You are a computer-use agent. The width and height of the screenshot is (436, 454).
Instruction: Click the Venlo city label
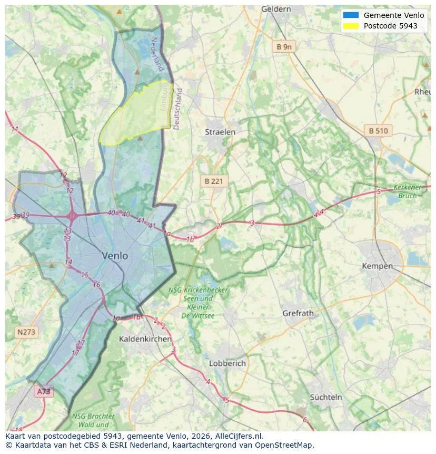[x=115, y=256]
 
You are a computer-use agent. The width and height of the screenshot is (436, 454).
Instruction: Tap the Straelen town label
[x=220, y=132]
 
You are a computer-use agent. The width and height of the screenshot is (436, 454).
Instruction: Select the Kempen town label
[x=377, y=266]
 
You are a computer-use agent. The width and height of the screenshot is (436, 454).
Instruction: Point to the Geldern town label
[x=276, y=9]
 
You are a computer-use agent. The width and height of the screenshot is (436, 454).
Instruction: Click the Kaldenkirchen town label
[x=145, y=339]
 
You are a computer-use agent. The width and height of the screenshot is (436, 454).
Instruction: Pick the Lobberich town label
[x=227, y=363]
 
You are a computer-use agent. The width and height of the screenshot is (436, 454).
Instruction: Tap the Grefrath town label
[x=298, y=313]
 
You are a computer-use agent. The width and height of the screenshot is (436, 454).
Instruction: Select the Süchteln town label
[x=326, y=397]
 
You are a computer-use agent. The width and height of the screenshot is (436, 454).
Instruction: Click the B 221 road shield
[x=214, y=181]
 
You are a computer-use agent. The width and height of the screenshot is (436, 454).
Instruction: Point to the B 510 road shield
[x=378, y=131]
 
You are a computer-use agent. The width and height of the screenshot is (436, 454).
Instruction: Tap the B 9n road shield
[x=284, y=47]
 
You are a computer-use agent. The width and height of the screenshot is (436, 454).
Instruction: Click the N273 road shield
[x=26, y=332]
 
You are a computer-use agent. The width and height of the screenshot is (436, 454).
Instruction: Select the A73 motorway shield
[x=44, y=391]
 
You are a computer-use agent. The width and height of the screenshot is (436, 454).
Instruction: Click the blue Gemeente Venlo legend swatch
[x=350, y=15]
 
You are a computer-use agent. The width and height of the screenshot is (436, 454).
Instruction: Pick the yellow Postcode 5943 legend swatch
[x=350, y=26]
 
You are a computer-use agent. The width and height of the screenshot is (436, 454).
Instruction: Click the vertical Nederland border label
[x=156, y=54]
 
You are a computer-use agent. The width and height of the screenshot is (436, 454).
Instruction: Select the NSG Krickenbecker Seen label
[x=191, y=298]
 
